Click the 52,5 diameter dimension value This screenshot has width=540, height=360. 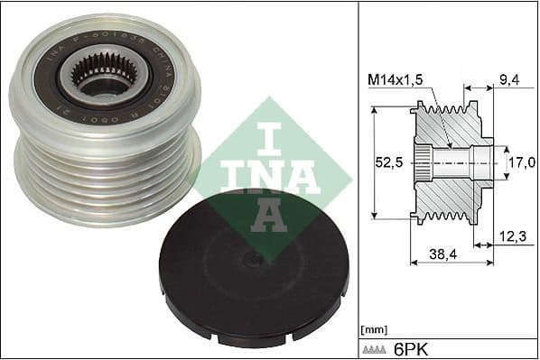pyautogui.click(x=387, y=164)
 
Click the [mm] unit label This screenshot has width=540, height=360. pyautogui.click(x=372, y=328)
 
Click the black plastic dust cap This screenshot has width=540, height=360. pyautogui.click(x=254, y=271)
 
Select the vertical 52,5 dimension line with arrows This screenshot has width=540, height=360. pyautogui.click(x=372, y=162)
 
